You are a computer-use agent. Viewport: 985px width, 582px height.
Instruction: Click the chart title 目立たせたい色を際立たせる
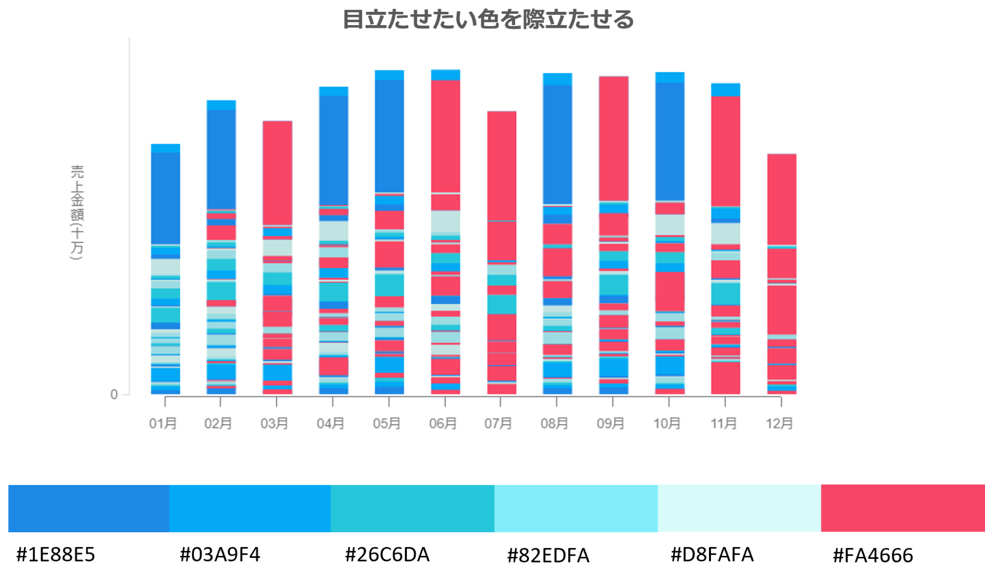coord(488,20)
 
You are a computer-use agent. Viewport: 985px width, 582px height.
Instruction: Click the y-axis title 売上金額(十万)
coord(77,212)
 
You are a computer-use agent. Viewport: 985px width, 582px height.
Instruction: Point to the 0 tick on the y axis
coord(114,394)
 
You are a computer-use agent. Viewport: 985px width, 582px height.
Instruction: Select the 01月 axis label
coord(163,423)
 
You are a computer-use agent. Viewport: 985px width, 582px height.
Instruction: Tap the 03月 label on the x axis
coord(274,423)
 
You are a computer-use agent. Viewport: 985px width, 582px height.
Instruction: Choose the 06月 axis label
coord(443,423)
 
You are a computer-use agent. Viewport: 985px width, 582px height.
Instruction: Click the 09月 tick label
coord(610,423)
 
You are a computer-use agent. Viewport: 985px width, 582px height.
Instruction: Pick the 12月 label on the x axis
coord(779,423)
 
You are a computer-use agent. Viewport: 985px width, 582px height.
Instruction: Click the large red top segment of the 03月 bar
coord(278,172)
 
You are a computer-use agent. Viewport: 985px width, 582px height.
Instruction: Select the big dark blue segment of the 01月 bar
coord(165,198)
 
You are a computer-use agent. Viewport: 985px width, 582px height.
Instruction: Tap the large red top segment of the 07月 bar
coord(502,165)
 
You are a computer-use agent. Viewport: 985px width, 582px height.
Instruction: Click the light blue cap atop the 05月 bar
coord(389,75)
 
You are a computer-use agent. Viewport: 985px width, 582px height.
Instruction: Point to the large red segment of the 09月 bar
coord(614,139)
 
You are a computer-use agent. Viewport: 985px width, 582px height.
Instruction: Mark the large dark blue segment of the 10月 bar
coord(669,141)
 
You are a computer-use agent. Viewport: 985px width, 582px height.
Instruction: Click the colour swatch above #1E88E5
coord(89,508)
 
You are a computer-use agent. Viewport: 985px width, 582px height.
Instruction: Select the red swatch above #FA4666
coord(902,508)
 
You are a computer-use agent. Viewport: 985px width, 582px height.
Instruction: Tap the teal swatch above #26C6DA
coord(412,508)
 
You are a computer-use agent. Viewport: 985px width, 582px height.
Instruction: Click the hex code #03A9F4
coord(220,555)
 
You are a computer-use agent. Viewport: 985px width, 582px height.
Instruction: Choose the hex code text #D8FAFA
coord(712,555)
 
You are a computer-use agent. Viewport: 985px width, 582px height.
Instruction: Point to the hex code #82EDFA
coord(548,555)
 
